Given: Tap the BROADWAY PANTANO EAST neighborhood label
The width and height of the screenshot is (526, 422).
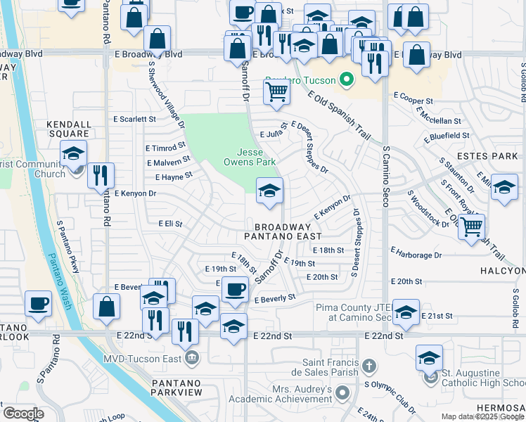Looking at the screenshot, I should [282, 232].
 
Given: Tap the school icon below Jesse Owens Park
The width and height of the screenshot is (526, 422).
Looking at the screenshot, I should [269, 191].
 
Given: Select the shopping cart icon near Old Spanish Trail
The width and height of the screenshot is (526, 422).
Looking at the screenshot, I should [471, 226].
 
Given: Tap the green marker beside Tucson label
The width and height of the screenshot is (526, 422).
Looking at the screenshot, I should [345, 80].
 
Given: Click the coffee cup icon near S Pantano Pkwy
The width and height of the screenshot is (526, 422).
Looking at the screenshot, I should [38, 303].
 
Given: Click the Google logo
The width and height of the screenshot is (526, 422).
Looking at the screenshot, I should [23, 413].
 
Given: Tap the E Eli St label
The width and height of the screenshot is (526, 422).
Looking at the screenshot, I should [169, 224].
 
